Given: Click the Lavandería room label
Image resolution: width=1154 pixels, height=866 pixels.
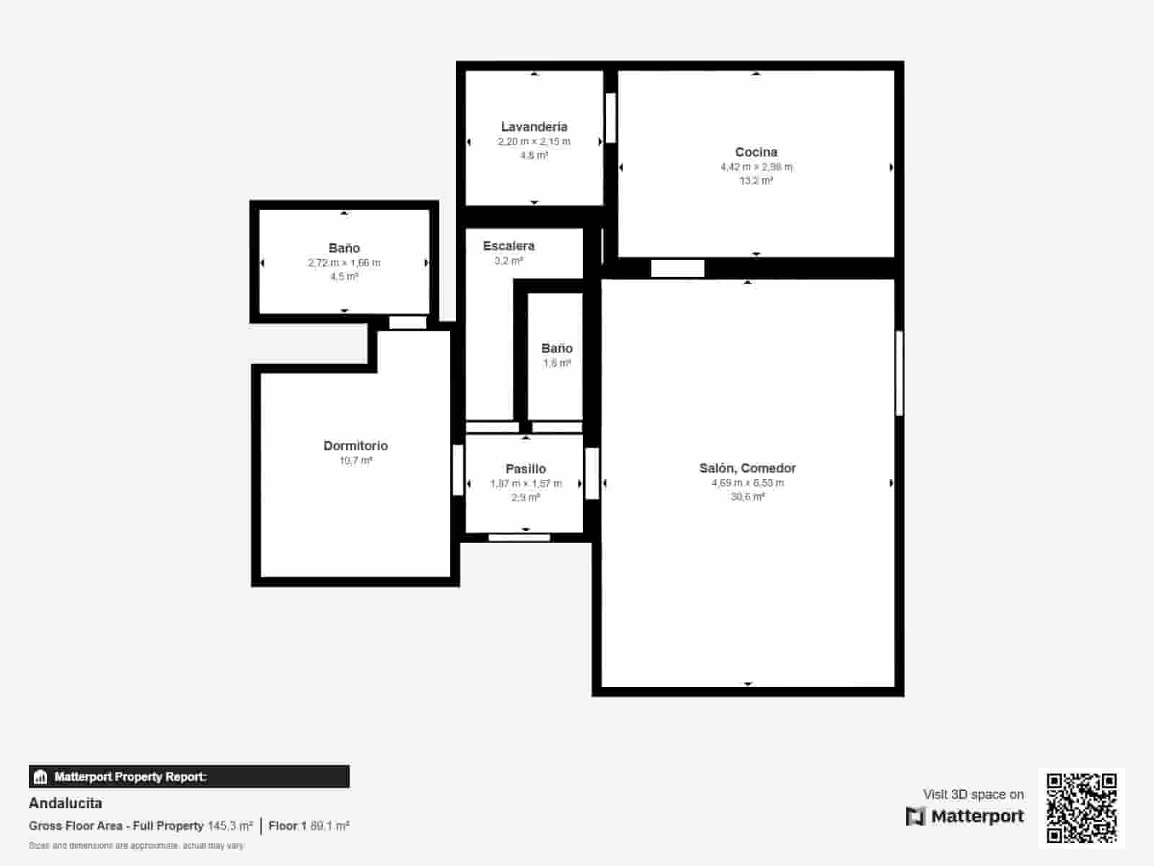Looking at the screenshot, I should [534, 127].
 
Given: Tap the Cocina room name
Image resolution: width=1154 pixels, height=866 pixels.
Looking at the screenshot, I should [756, 152].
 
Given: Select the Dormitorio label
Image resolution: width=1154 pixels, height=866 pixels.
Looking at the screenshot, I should [356, 446].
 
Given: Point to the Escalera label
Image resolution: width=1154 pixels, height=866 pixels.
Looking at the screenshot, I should [508, 246].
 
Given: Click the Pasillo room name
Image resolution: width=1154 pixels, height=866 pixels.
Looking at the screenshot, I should [526, 469].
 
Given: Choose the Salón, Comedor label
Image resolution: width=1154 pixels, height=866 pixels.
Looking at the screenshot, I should [747, 468].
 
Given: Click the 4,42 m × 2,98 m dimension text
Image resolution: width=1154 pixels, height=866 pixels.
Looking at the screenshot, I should [756, 167].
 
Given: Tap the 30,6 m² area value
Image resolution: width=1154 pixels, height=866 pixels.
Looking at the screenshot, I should [747, 497].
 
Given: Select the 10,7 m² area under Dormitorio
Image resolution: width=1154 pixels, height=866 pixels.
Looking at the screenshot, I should [356, 460].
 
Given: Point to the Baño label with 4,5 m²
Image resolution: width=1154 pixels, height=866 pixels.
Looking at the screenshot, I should [344, 248].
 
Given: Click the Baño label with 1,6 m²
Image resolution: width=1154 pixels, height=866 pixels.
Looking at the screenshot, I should [557, 349].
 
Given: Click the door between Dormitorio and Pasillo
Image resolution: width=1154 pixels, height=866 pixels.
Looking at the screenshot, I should [457, 470].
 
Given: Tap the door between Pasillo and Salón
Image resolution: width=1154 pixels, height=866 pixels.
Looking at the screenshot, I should [592, 473].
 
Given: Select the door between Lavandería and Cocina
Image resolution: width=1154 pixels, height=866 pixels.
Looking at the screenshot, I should [610, 118].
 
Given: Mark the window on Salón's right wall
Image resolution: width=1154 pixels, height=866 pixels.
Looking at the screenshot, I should [899, 373].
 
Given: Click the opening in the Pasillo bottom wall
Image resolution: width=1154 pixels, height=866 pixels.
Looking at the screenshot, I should [519, 537].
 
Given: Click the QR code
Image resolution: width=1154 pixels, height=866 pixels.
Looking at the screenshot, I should [1081, 808].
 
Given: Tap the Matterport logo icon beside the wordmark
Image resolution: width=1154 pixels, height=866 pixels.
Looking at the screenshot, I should [915, 816].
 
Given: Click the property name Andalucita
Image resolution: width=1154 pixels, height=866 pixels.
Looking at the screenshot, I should [66, 803].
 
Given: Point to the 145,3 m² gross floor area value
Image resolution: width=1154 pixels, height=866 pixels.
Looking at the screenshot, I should [230, 826].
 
